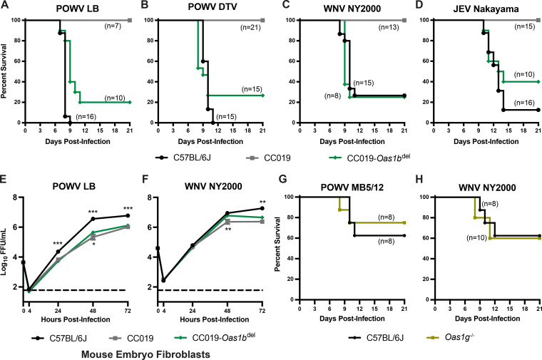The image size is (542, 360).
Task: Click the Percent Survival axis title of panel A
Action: [x=6, y=71]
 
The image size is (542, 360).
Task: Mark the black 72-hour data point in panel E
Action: [x=128, y=215]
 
